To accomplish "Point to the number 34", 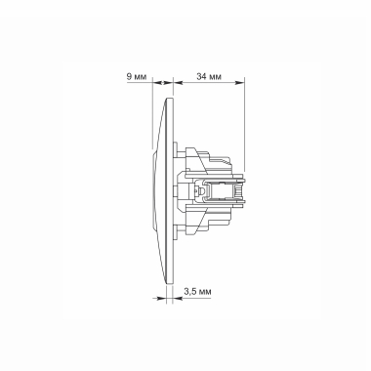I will click(x=200, y=74).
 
